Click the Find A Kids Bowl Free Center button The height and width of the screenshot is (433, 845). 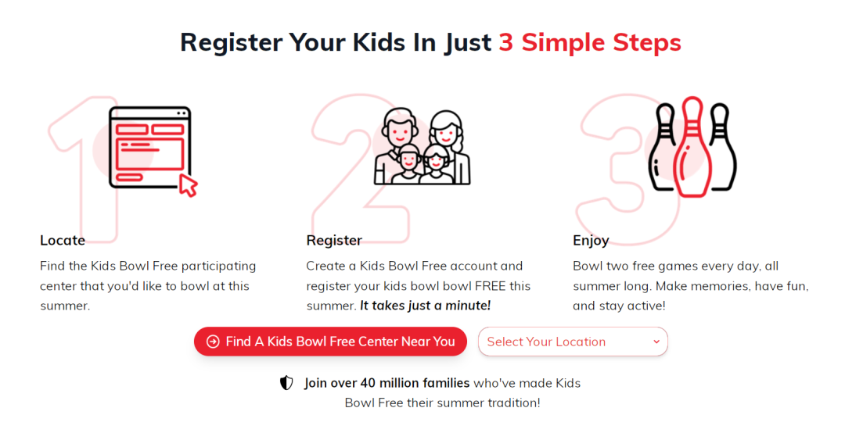pos(330,342)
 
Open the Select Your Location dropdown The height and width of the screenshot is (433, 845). pos(573,342)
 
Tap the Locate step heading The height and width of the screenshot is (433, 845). pos(63,240)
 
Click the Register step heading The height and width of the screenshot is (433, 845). pos(334,241)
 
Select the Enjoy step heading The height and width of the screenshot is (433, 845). pos(591,241)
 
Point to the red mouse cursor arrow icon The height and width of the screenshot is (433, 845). pos(188,184)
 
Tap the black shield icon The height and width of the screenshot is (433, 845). pos(286,383)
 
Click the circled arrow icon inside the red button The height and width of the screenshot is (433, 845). pos(213,342)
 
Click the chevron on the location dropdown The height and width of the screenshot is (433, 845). pos(656,342)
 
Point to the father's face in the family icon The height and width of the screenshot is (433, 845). pos(400,131)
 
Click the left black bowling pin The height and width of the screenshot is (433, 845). pos(662,146)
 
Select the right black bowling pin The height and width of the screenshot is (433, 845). pos(722,146)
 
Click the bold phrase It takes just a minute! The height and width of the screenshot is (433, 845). pos(425,306)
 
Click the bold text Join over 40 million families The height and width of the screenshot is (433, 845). pos(387,383)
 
